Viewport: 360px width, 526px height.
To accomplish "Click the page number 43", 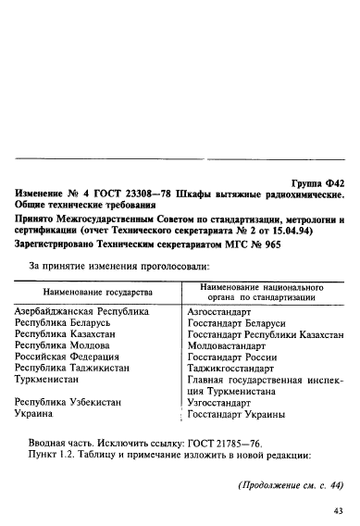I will point(337,510).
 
